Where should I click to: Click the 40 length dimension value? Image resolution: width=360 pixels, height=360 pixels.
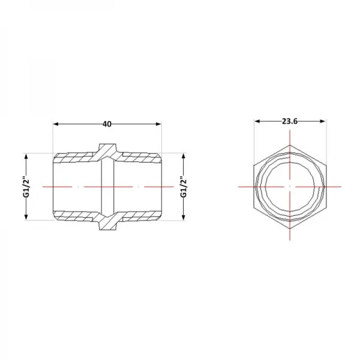(107, 124)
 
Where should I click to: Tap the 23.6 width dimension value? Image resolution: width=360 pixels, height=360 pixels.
(290, 121)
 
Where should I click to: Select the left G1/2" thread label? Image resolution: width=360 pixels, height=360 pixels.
(27, 187)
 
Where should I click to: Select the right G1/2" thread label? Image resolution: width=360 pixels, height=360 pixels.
(184, 187)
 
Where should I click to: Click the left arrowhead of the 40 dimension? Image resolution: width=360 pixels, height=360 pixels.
(56, 124)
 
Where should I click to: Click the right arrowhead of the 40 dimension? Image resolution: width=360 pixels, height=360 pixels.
(158, 124)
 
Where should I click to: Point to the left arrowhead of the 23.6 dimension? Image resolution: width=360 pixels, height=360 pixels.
(257, 121)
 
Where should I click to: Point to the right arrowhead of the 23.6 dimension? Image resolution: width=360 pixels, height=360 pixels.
(323, 121)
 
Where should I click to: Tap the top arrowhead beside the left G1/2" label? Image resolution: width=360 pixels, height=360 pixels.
(26, 157)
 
